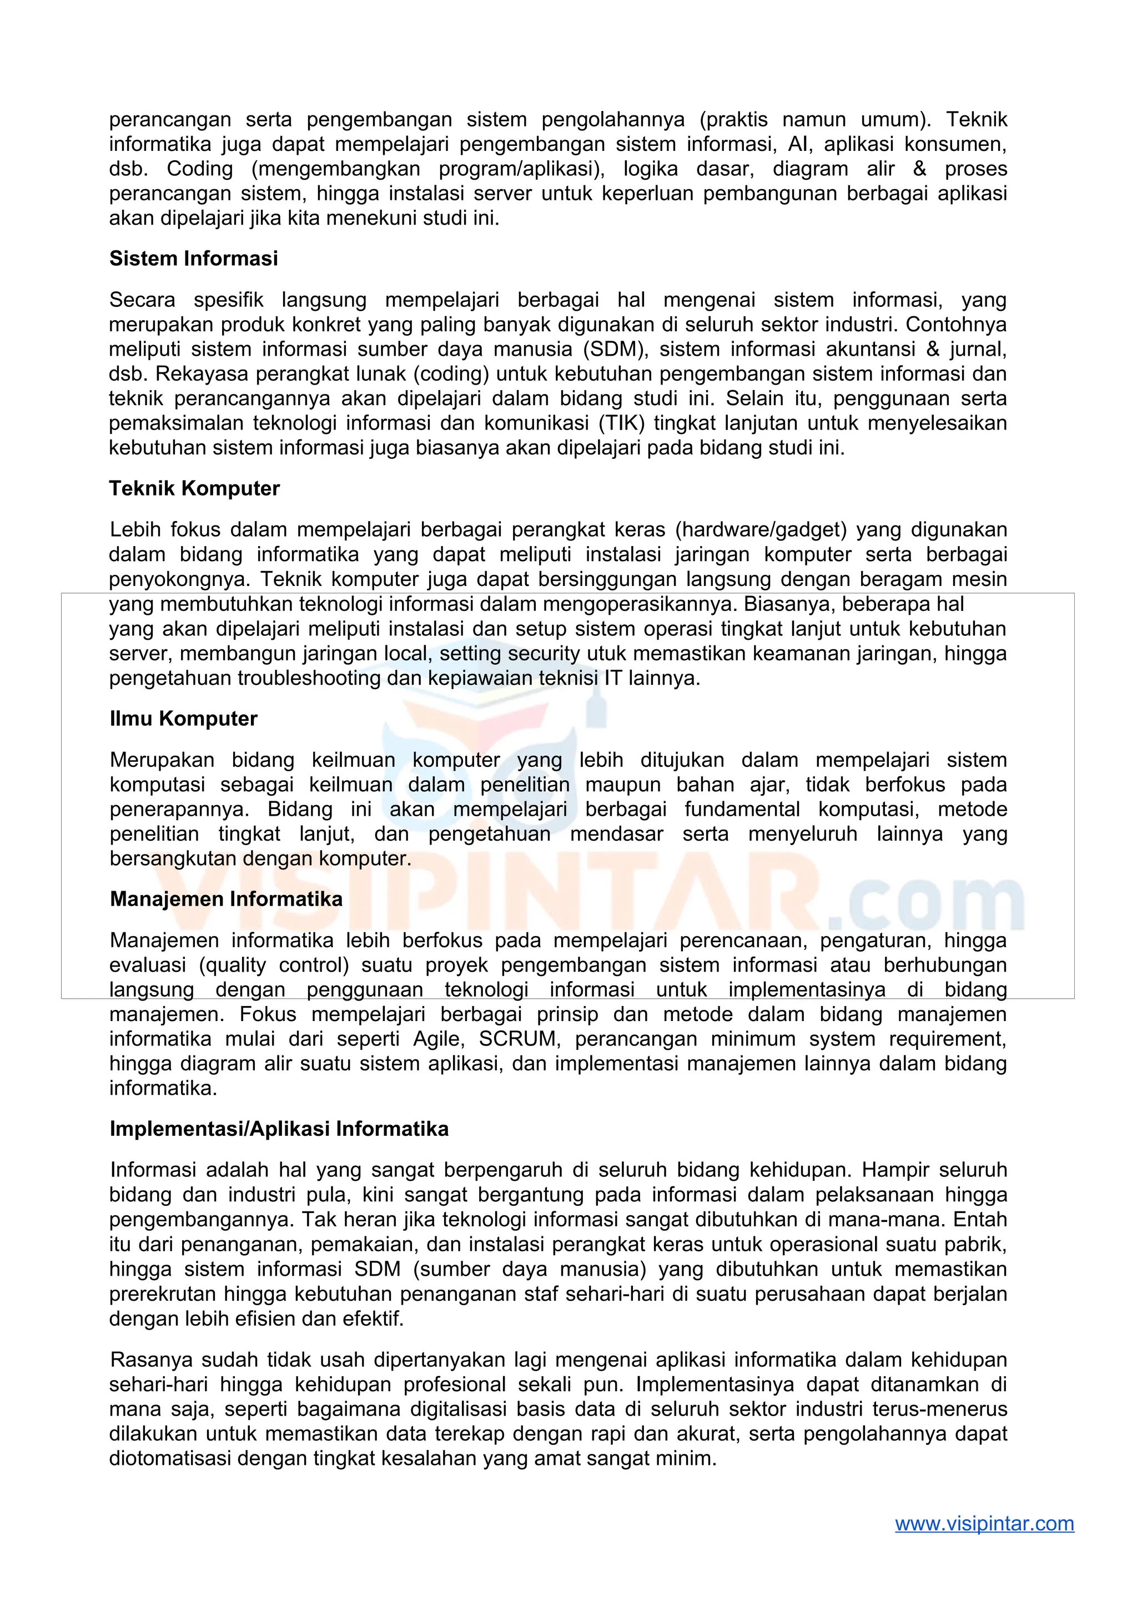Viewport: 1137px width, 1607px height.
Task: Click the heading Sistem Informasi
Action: [193, 259]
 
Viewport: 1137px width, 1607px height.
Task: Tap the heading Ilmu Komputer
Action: [183, 719]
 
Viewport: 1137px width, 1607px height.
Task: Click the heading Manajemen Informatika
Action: [225, 899]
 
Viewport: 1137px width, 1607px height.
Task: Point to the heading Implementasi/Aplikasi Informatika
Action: [279, 1129]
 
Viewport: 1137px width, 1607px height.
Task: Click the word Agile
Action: [437, 1039]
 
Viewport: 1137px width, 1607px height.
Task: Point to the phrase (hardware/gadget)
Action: [761, 530]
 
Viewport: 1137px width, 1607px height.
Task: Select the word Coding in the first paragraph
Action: [199, 169]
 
